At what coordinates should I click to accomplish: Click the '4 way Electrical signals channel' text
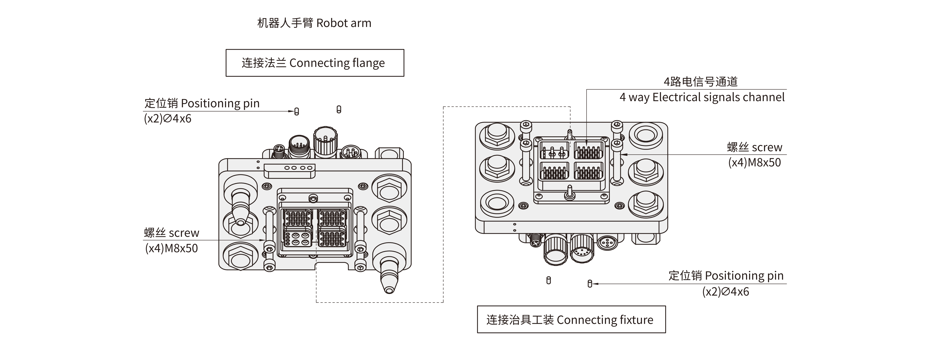pyautogui.click(x=702, y=97)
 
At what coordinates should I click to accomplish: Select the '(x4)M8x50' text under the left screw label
pyautogui.click(x=171, y=248)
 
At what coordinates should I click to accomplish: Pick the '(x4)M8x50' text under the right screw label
pyautogui.click(x=754, y=163)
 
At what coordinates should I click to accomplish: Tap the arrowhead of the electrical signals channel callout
pyautogui.click(x=586, y=143)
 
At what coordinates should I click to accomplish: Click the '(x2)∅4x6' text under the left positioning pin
pyautogui.click(x=168, y=119)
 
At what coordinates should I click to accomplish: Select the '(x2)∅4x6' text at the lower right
pyautogui.click(x=725, y=291)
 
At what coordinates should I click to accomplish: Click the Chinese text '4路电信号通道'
pyautogui.click(x=701, y=82)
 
